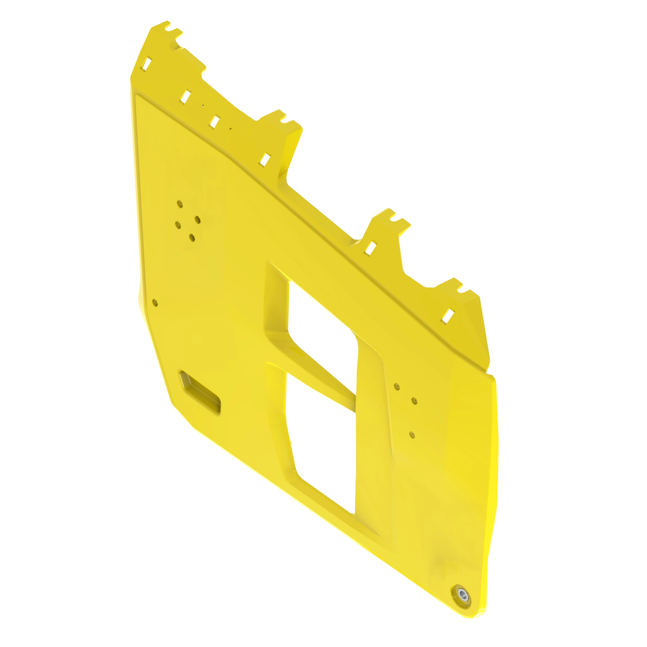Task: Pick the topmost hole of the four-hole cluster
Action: (x=180, y=203)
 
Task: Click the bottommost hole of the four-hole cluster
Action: (x=192, y=237)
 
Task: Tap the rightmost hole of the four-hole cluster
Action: (x=198, y=220)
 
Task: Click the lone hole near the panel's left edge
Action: (x=155, y=303)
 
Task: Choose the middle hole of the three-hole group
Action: (x=414, y=401)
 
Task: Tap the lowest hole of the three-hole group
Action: (x=412, y=435)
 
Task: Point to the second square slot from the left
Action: (x=185, y=97)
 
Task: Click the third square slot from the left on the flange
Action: (x=214, y=122)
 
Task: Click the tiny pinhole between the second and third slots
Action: (x=203, y=106)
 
